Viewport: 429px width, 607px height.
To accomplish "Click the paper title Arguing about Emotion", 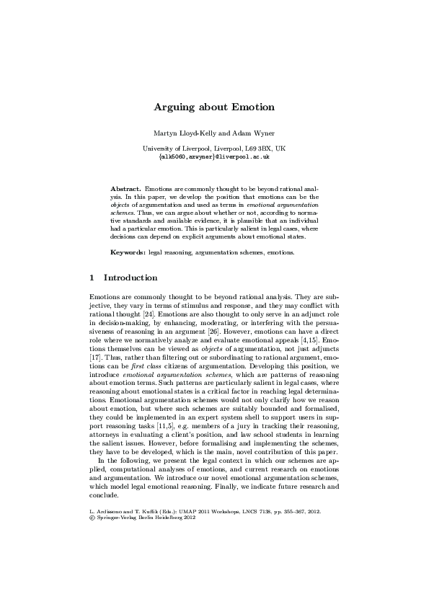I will tap(214, 107).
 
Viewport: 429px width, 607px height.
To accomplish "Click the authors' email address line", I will tap(214, 156).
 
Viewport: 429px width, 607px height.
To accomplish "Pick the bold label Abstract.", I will tap(125, 187).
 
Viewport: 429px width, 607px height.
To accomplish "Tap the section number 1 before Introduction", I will tap(92, 277).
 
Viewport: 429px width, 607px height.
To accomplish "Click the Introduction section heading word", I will tap(131, 277).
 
